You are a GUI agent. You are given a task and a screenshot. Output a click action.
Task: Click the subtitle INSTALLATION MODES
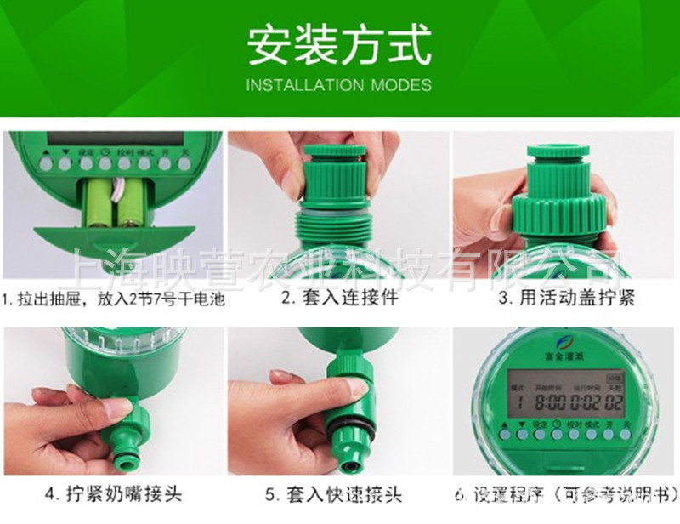coord(339,85)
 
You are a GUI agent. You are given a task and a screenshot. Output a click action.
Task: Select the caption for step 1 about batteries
coord(113,299)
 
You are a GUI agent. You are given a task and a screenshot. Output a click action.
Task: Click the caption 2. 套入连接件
coord(340,298)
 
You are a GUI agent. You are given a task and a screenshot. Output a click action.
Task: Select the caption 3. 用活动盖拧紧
coord(566,298)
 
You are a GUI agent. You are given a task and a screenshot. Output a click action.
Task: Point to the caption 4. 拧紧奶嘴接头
coord(113,493)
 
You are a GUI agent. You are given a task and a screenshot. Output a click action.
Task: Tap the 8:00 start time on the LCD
coord(541,398)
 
